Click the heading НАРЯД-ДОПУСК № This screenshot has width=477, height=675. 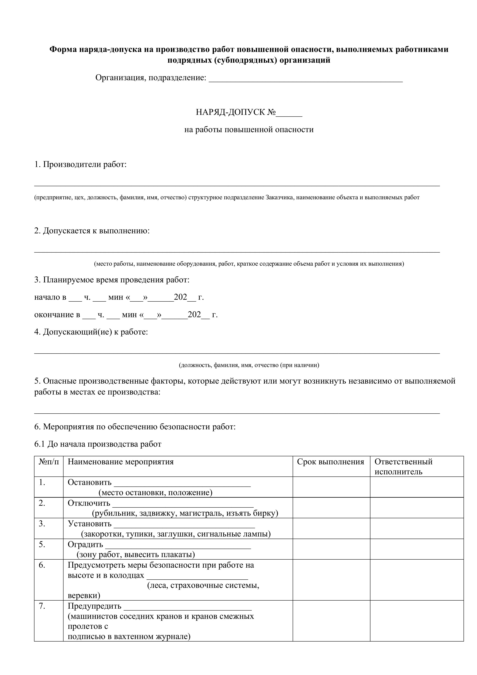pyautogui.click(x=236, y=112)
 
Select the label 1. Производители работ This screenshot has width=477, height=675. pyautogui.click(x=80, y=164)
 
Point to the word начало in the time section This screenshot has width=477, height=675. pyautogui.click(x=47, y=297)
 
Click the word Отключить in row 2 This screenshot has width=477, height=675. pyautogui.click(x=89, y=503)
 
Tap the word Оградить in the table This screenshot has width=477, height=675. pyautogui.click(x=85, y=544)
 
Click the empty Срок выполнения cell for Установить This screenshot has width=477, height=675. pyautogui.click(x=331, y=528)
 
